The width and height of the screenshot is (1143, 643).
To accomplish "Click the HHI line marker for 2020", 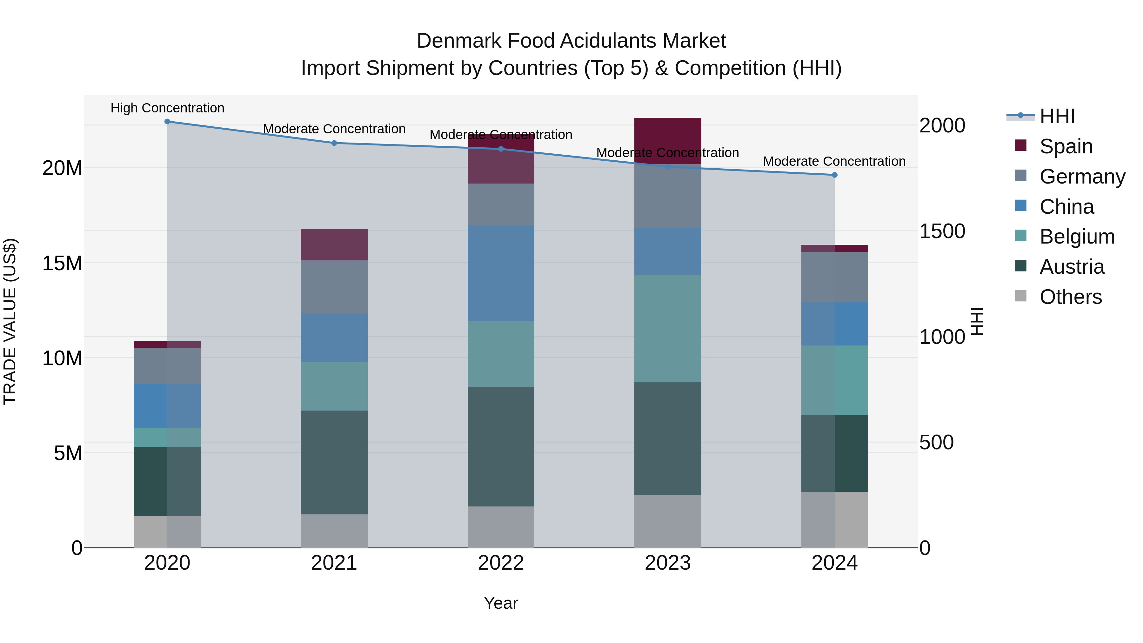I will pyautogui.click(x=167, y=122).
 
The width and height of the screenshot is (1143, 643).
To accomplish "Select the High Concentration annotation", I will pyautogui.click(x=167, y=108).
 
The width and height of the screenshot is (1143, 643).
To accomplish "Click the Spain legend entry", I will pyautogui.click(x=1065, y=146).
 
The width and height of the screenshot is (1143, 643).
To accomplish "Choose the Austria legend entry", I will pyautogui.click(x=1071, y=267).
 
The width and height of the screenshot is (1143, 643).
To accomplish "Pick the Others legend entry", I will pyautogui.click(x=1070, y=297).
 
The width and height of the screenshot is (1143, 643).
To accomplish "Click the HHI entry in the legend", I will pyautogui.click(x=1057, y=116).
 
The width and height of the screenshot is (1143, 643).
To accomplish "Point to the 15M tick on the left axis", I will pyautogui.click(x=62, y=264).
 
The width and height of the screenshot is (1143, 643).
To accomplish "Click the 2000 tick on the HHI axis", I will pyautogui.click(x=942, y=125).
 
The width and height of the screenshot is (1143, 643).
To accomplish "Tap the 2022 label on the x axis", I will pyautogui.click(x=501, y=563).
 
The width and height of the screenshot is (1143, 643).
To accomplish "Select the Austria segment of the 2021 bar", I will pyautogui.click(x=334, y=462).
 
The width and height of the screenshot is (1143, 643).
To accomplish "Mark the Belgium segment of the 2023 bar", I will pyautogui.click(x=668, y=328).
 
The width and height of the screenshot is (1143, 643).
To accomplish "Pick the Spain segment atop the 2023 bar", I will pyautogui.click(x=668, y=141).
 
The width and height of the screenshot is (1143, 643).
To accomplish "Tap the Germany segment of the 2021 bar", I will pyautogui.click(x=334, y=287).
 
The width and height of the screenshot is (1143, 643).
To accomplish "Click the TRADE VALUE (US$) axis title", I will pyautogui.click(x=10, y=321).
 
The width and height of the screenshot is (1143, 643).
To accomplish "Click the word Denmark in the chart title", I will pyautogui.click(x=459, y=41).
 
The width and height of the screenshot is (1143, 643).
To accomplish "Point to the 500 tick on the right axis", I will pyautogui.click(x=936, y=442).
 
